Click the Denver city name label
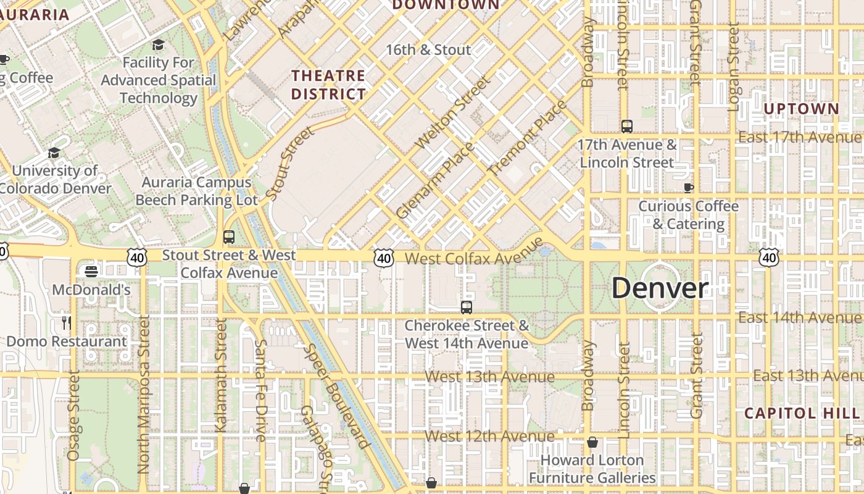660,288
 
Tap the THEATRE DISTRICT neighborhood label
328,85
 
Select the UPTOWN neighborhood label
801,109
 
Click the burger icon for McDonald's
91,271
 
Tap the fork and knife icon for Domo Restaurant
67,322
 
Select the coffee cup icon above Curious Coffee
689,188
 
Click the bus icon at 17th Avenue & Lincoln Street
627,127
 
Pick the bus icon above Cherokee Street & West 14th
467,307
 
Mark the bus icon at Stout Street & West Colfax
229,237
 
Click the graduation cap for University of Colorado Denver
54,153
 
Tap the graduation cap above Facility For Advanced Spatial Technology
159,44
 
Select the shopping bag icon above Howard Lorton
592,442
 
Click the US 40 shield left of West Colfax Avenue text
384,258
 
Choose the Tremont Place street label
527,138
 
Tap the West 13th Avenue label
490,377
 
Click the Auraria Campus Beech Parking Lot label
196,191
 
